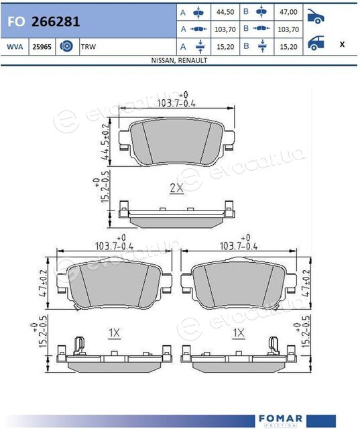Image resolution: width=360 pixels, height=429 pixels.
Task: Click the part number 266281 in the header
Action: coord(56,21)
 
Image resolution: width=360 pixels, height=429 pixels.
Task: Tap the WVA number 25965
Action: coord(42,47)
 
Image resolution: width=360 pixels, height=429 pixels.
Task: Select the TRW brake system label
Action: coord(88,47)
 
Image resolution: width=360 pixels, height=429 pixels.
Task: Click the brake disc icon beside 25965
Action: coord(66,46)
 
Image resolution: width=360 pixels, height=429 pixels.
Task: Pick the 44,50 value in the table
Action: coord(225,12)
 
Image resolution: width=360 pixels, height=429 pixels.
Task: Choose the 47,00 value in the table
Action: coord(288,12)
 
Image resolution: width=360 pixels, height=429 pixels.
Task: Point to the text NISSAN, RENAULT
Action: coord(179,60)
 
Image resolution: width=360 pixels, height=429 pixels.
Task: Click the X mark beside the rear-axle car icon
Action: coord(342,44)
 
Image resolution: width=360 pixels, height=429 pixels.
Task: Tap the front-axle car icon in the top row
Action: coord(316,16)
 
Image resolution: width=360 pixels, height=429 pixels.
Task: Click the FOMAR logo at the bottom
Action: coord(280,418)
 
